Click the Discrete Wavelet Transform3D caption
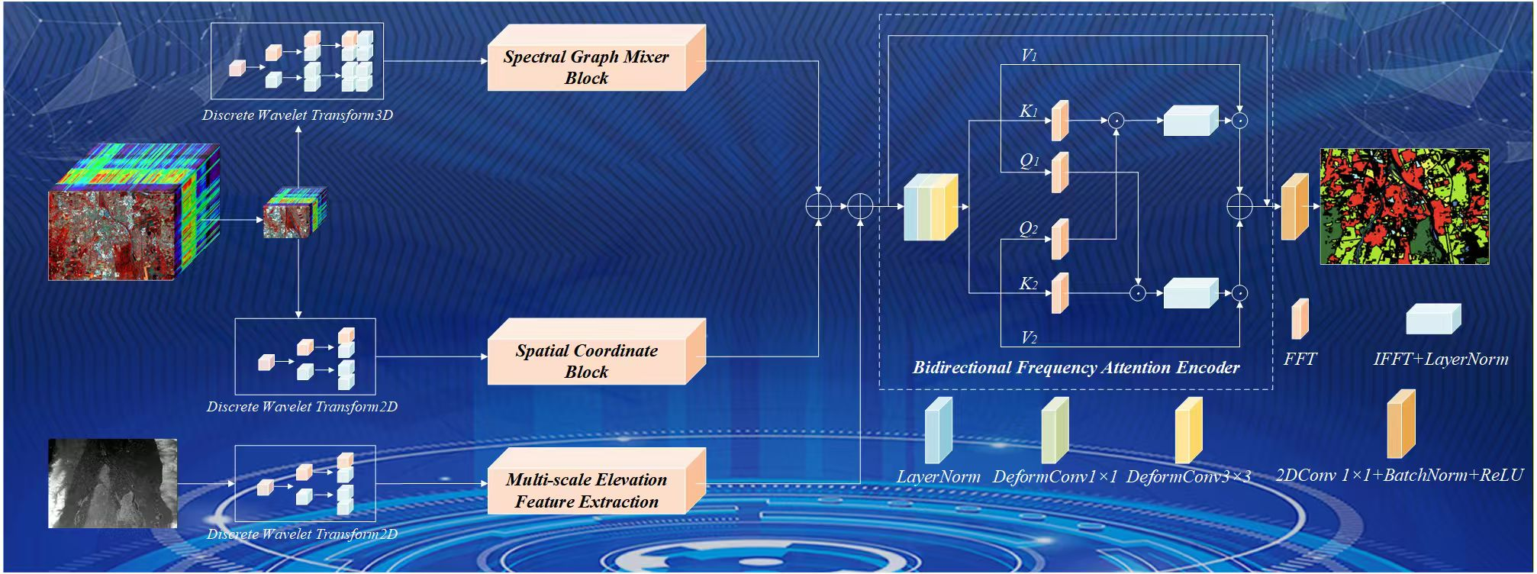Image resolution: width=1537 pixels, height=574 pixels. click(x=298, y=115)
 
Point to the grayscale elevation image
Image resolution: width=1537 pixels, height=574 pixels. click(x=113, y=483)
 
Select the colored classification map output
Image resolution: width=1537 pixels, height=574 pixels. click(x=1404, y=207)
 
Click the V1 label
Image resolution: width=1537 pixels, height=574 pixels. click(x=1029, y=56)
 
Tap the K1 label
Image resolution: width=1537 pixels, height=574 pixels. click(x=1029, y=111)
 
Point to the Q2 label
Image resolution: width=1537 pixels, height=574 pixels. click(x=1029, y=229)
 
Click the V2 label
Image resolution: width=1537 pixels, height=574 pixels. click(x=1029, y=337)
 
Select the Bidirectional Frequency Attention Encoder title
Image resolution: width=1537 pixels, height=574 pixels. click(x=1076, y=367)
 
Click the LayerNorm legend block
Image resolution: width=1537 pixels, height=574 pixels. click(x=938, y=430)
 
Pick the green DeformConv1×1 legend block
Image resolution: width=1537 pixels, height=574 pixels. click(x=1055, y=430)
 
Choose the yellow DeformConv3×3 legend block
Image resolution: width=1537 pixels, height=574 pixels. click(x=1188, y=430)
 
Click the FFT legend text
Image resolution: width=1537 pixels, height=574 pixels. click(x=1300, y=359)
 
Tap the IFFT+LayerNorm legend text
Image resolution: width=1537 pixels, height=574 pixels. click(x=1441, y=359)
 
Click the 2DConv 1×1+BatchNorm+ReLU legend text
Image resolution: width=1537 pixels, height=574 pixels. click(x=1399, y=476)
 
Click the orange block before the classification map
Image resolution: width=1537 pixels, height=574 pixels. click(x=1294, y=207)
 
